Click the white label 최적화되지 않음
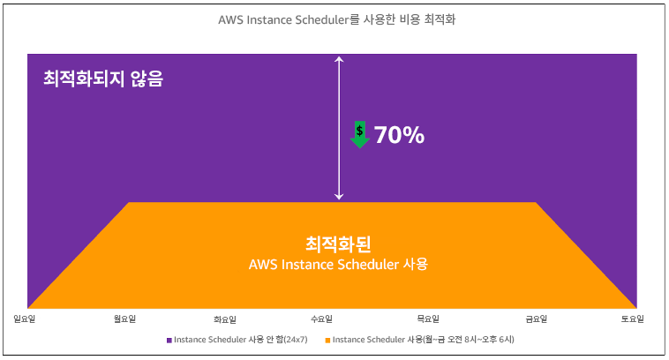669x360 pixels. coord(103,79)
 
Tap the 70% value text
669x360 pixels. coord(399,135)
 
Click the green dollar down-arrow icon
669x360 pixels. coord(359,133)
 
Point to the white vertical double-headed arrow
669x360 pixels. coord(337,128)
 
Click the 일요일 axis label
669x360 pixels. coord(26,319)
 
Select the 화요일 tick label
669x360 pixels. coord(226,319)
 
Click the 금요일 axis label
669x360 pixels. coord(536,319)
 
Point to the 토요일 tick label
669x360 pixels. coord(632,319)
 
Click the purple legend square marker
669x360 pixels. coord(169,340)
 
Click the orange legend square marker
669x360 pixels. coord(327,340)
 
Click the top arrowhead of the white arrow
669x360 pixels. coord(337,58)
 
